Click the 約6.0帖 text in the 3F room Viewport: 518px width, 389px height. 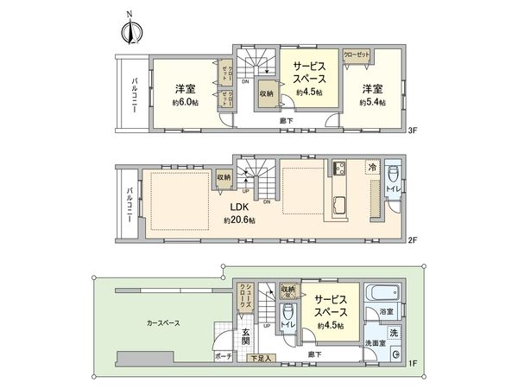pyautogui.click(x=183, y=102)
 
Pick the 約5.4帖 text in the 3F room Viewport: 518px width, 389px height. pyautogui.click(x=371, y=102)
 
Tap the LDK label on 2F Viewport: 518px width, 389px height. pyautogui.click(x=239, y=207)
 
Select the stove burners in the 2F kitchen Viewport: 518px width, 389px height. pyautogui.click(x=336, y=169)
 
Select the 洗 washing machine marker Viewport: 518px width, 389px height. pyautogui.click(x=393, y=332)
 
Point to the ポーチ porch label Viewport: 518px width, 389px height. pyautogui.click(x=221, y=357)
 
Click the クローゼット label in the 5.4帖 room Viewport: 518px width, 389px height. pyautogui.click(x=356, y=54)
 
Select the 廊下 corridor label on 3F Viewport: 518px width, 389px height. pyautogui.click(x=285, y=122)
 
